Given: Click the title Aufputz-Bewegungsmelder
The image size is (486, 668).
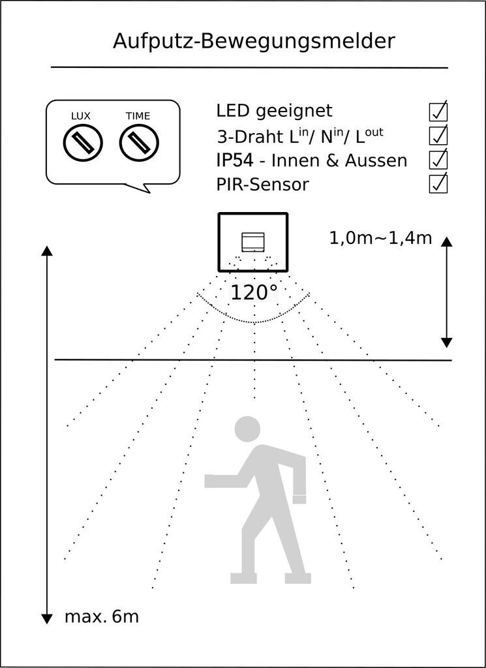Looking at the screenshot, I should [254, 41].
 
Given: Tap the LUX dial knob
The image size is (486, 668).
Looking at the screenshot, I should [83, 142].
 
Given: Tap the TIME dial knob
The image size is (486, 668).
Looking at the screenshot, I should [138, 142].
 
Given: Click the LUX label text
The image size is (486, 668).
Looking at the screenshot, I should [81, 116].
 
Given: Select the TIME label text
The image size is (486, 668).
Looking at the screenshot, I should [138, 116].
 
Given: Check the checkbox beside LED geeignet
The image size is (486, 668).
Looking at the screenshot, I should [438, 112].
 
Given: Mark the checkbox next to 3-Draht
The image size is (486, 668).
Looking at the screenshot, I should [438, 136].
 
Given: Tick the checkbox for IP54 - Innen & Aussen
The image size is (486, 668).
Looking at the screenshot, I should [438, 160].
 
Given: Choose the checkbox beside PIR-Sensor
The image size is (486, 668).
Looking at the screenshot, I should [438, 184].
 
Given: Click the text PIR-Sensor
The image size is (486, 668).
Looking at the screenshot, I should [262, 185].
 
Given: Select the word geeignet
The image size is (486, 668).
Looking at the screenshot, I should [294, 112].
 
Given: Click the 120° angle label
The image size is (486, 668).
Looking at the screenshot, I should [254, 293].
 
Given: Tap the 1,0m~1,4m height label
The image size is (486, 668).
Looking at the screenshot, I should [380, 238].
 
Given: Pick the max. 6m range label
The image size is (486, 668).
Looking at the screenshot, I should [102, 616].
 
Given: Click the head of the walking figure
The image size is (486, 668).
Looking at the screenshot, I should [247, 429].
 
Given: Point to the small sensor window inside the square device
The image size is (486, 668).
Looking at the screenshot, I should [253, 242].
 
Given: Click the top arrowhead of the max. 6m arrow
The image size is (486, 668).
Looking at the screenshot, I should [46, 250].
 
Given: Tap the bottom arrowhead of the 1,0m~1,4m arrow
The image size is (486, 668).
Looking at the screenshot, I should [446, 342].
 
